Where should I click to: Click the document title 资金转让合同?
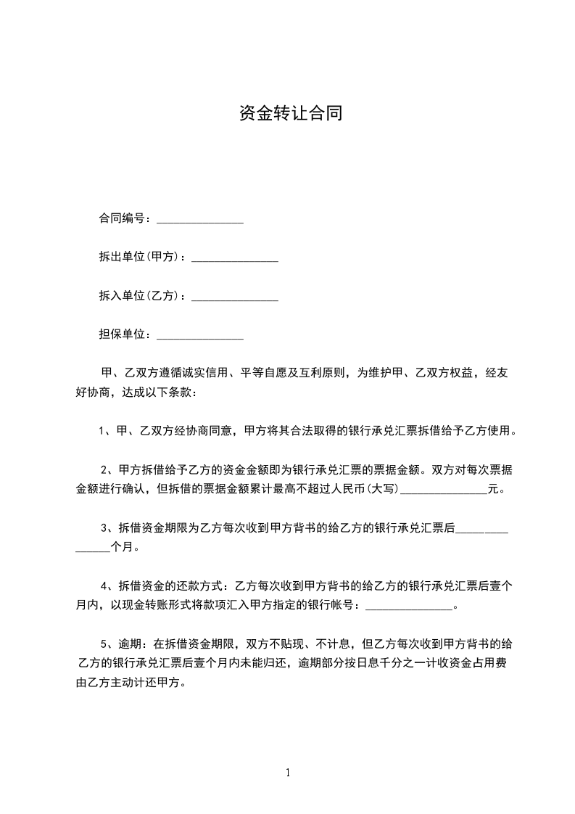290,113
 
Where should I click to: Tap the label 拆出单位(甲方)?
141,257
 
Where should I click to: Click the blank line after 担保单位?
200,337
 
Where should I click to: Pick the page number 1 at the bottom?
288,773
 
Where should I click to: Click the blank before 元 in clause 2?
444,491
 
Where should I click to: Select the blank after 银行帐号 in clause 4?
409,607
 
